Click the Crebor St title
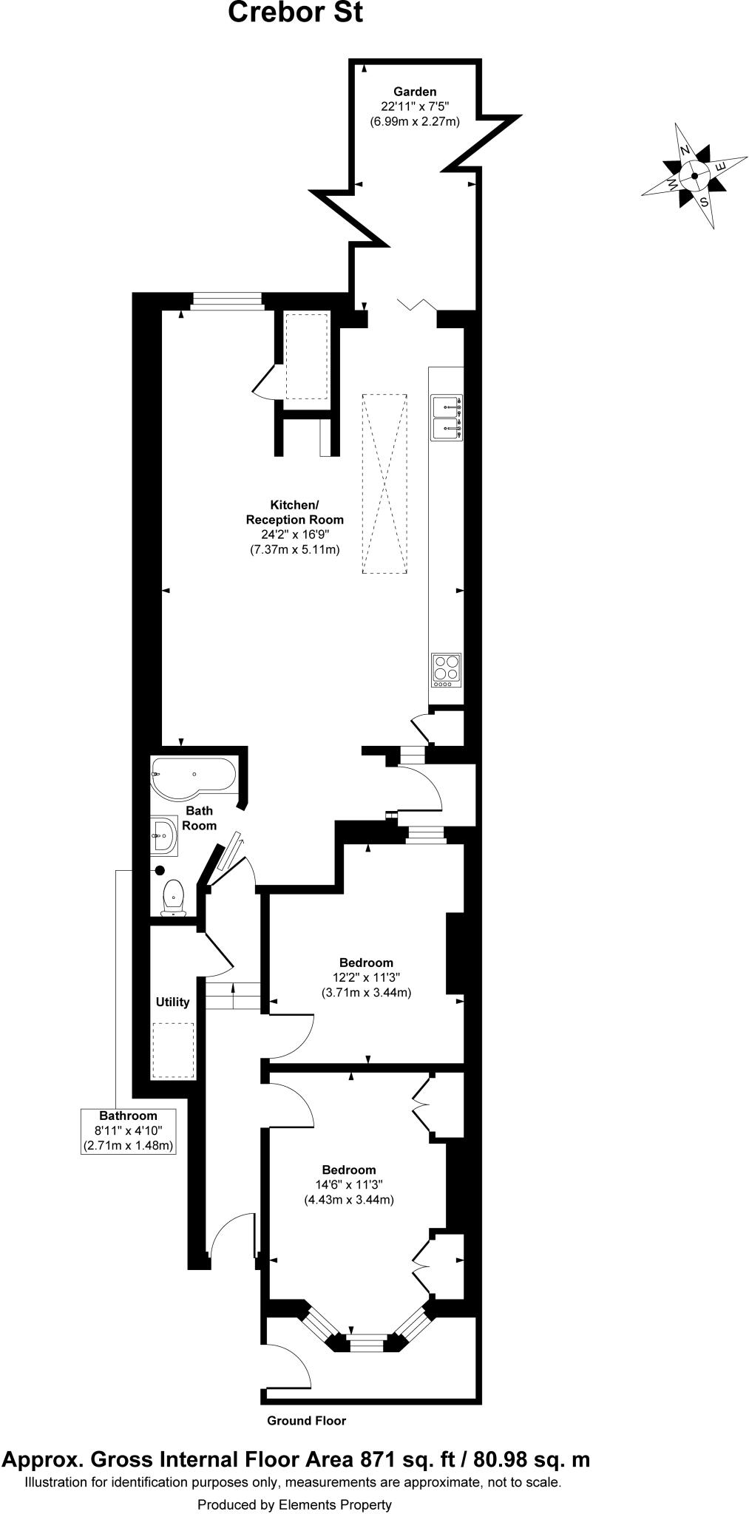pos(295,13)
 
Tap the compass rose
pos(694,176)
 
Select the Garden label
pos(414,92)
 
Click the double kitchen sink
pos(447,418)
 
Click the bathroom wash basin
pos(164,836)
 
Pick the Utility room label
pos(172,1002)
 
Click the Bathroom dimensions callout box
pos(129,1131)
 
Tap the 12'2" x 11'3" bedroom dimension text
pos(367,977)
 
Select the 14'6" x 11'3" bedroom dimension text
pos(349,1184)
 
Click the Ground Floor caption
pos(306,1420)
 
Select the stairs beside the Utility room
pos(233,996)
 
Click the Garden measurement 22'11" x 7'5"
pos(415,106)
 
